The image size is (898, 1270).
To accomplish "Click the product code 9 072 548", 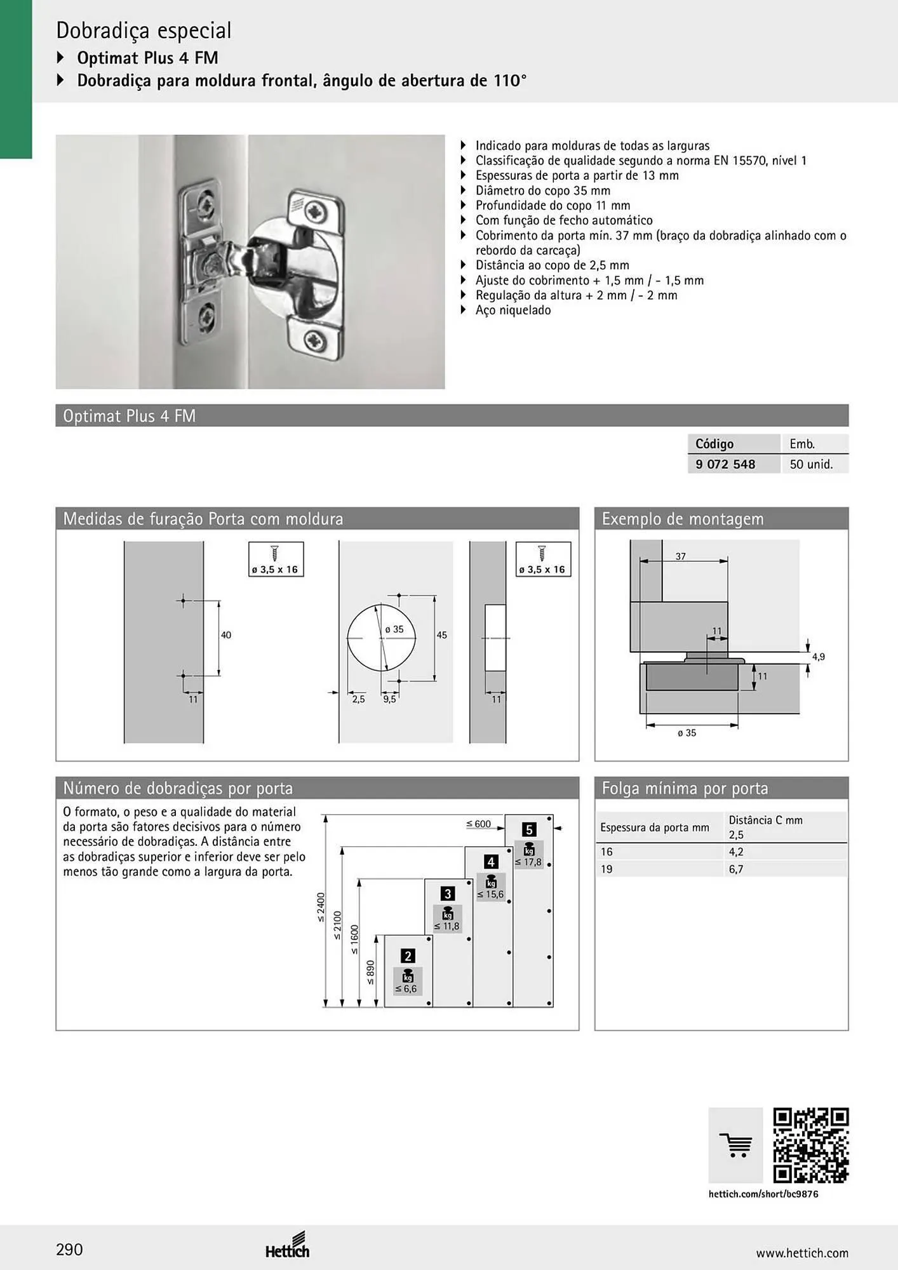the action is coord(725,464).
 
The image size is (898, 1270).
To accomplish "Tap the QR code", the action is coord(811,1146).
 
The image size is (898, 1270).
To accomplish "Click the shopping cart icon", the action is coord(735,1146).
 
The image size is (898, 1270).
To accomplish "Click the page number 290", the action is coord(69,1250).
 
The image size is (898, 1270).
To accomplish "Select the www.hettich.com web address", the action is coord(802,1253).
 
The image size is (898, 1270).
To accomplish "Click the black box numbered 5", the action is coord(529,829).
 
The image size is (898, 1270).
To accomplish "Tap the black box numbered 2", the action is coord(408,956).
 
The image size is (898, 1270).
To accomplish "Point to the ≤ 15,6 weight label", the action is coord(490,894).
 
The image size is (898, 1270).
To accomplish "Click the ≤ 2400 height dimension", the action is coord(321,907).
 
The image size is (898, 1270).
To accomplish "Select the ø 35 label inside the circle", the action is coord(394,629).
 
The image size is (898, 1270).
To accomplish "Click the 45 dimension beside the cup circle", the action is coord(442,635).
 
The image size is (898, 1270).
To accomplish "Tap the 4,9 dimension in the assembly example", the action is coord(818,657).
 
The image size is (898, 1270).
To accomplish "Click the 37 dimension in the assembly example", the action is coord(681,556).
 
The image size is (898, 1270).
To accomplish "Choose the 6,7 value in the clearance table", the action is coord(736,869).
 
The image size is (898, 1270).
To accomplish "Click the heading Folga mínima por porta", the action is coord(685,789).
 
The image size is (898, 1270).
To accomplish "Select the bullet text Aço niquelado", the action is coord(513,311).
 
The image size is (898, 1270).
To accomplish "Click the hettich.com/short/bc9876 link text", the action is coord(763,1194).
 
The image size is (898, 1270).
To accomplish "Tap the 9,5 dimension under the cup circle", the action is coord(389,699).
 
